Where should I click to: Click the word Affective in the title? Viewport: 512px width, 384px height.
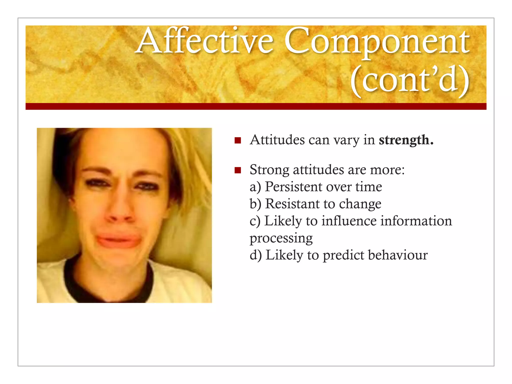click(205, 41)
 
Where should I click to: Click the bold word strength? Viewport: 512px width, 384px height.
click(406, 140)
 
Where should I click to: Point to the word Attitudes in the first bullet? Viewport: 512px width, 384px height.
click(277, 140)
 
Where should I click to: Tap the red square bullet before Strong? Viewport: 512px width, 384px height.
click(237, 170)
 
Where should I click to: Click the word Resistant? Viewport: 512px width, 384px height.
click(292, 204)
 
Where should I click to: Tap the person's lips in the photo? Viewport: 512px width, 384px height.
click(117, 240)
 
